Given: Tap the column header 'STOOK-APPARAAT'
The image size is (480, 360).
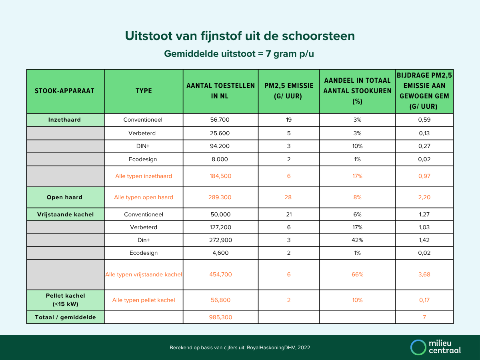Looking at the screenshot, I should [x=65, y=91].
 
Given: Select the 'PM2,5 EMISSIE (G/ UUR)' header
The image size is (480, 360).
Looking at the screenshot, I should [x=289, y=91].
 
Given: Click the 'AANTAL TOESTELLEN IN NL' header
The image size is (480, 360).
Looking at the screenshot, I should [x=220, y=91].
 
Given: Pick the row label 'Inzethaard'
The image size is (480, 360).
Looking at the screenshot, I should [x=65, y=120].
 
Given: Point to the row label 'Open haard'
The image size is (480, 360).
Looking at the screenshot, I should [x=65, y=197].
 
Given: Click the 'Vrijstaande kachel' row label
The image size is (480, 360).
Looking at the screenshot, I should [x=65, y=214].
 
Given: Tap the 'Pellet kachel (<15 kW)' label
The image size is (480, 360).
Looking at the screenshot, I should [x=65, y=300].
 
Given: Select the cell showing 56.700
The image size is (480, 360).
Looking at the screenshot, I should [x=220, y=120].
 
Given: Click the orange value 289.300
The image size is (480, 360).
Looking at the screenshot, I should [x=220, y=197].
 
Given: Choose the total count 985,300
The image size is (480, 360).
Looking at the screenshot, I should [x=220, y=317].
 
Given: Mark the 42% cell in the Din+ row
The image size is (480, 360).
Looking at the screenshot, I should [x=357, y=240].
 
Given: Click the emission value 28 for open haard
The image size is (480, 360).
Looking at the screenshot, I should [x=288, y=197].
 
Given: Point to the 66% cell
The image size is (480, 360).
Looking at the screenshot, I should [x=357, y=274].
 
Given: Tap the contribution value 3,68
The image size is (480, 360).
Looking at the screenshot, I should [x=424, y=274].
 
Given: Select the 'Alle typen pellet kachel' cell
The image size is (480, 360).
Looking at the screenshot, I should [x=144, y=300].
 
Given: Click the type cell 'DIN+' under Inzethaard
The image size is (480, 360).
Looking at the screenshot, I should [x=144, y=146].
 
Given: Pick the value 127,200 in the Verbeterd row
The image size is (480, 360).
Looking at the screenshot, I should [x=220, y=227].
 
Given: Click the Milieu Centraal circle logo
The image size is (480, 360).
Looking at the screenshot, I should [x=418, y=347].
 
